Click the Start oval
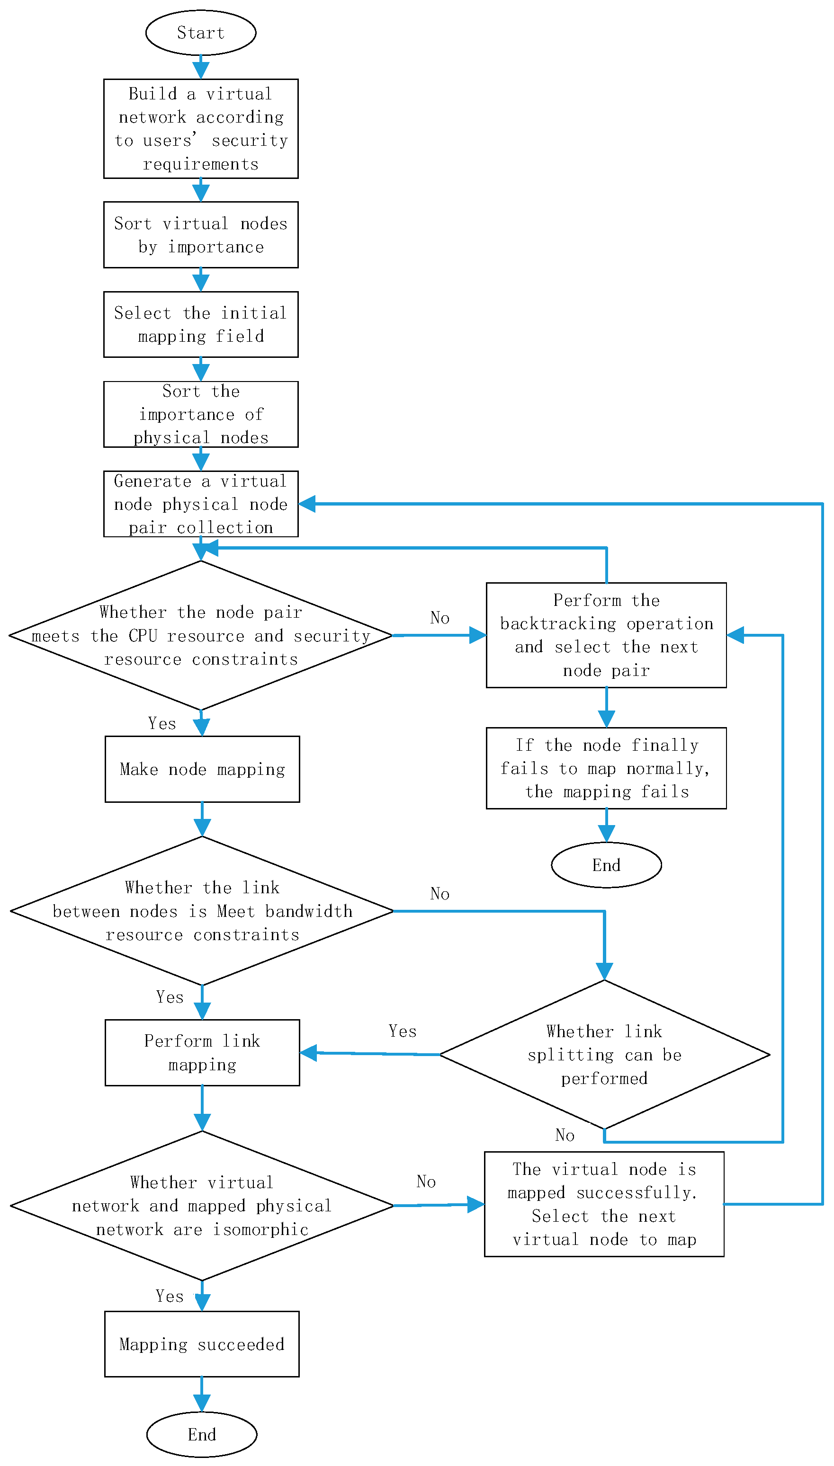pos(200,33)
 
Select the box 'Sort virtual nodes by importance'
pos(200,235)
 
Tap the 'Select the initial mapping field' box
pos(200,325)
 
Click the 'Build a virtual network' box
pos(200,129)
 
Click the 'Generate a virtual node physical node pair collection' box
pos(200,504)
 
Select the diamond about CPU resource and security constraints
pos(200,635)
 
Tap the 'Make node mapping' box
pos(202,769)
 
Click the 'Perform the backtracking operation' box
pos(606,635)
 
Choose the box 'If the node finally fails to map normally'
pos(606,768)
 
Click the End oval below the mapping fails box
pos(606,865)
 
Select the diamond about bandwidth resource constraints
pos(202,911)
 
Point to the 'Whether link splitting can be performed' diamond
pos(604,1055)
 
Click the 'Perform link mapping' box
pos(202,1052)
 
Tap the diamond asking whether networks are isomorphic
pos(202,1206)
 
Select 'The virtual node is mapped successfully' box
pos(604,1204)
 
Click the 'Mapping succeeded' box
pos(202,1344)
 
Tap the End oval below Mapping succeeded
pos(202,1434)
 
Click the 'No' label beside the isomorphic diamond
pos(426,1182)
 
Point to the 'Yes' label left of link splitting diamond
pos(402,1031)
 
